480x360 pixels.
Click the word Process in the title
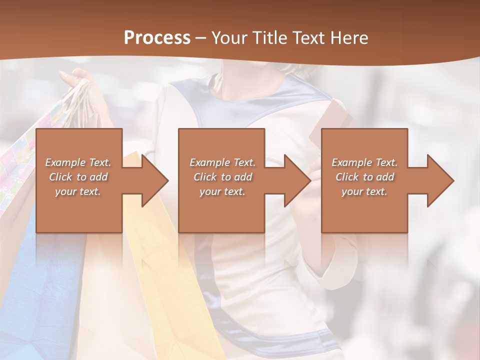click(x=157, y=38)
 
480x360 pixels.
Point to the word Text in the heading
click(x=309, y=38)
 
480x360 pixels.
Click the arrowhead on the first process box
click(x=153, y=180)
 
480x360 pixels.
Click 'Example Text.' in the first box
click(x=78, y=162)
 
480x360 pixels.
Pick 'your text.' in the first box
click(x=78, y=191)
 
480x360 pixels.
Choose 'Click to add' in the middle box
click(x=222, y=177)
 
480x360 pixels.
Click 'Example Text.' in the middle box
click(x=222, y=162)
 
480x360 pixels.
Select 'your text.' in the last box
click(x=364, y=191)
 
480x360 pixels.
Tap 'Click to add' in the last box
click(x=364, y=177)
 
